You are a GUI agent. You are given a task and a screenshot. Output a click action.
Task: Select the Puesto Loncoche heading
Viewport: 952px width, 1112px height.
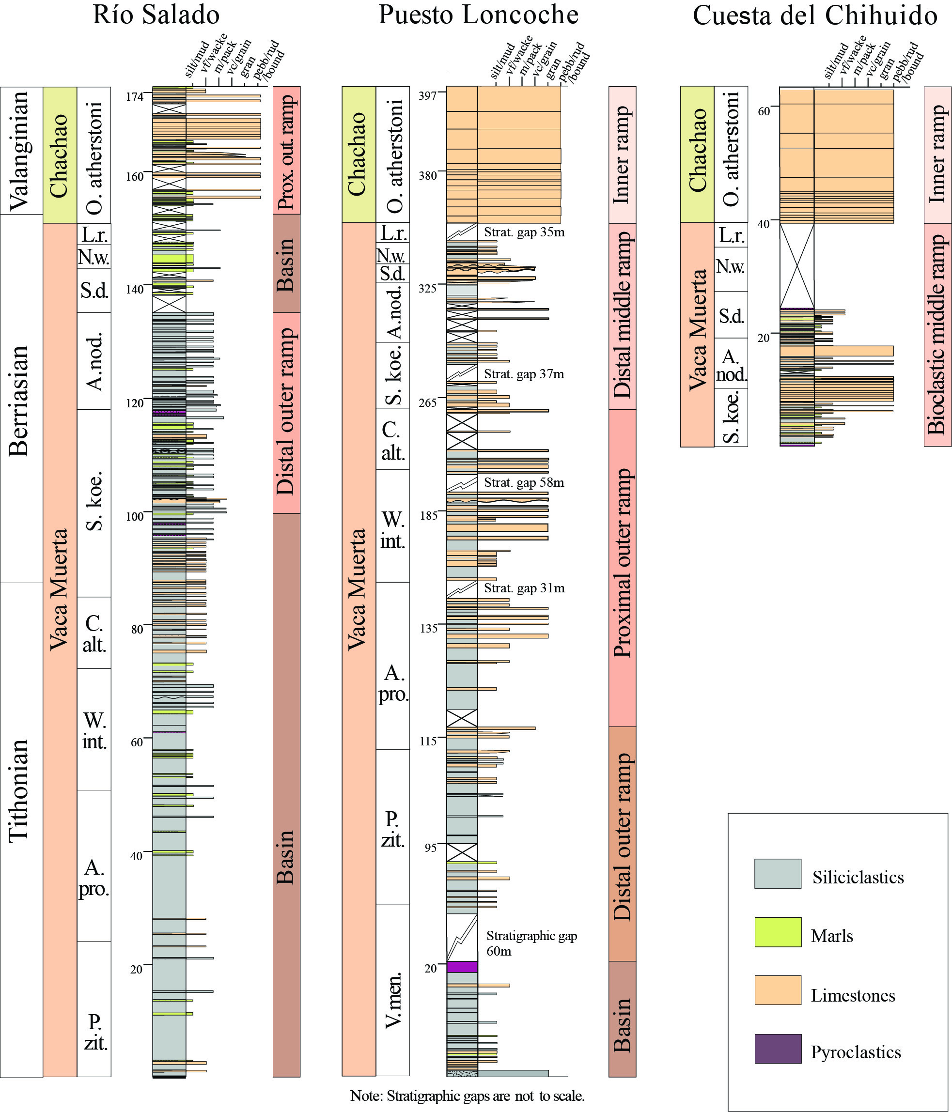[x=478, y=15]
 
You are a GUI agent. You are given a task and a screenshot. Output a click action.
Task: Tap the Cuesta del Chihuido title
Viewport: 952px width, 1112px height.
[x=814, y=16]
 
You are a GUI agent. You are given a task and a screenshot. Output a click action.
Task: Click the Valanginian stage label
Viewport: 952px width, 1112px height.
[x=20, y=151]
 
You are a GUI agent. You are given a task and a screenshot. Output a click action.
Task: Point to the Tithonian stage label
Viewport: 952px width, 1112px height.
[x=20, y=789]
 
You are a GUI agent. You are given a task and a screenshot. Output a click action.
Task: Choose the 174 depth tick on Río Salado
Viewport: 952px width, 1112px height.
[x=135, y=96]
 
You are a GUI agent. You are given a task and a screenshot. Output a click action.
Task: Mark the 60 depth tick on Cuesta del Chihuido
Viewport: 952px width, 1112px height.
[x=764, y=111]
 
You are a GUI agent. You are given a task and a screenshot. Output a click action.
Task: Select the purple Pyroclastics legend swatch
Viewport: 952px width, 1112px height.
[x=778, y=1049]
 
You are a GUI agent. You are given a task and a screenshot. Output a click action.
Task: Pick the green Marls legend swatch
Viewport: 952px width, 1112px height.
[x=778, y=932]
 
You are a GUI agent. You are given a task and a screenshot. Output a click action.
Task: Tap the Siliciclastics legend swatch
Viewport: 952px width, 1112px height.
[x=778, y=873]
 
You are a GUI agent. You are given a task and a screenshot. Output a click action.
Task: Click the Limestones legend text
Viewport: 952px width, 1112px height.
[x=853, y=996]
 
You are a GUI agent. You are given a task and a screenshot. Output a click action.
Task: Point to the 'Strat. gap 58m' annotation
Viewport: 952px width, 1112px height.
[x=524, y=482]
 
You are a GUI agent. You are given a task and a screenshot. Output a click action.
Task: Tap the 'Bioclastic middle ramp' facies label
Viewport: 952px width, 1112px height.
[x=937, y=334]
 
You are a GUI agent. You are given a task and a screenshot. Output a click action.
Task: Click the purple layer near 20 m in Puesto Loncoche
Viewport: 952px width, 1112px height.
[x=462, y=967]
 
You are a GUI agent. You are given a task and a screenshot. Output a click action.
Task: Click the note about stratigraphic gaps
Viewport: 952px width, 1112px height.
[x=467, y=1096]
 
